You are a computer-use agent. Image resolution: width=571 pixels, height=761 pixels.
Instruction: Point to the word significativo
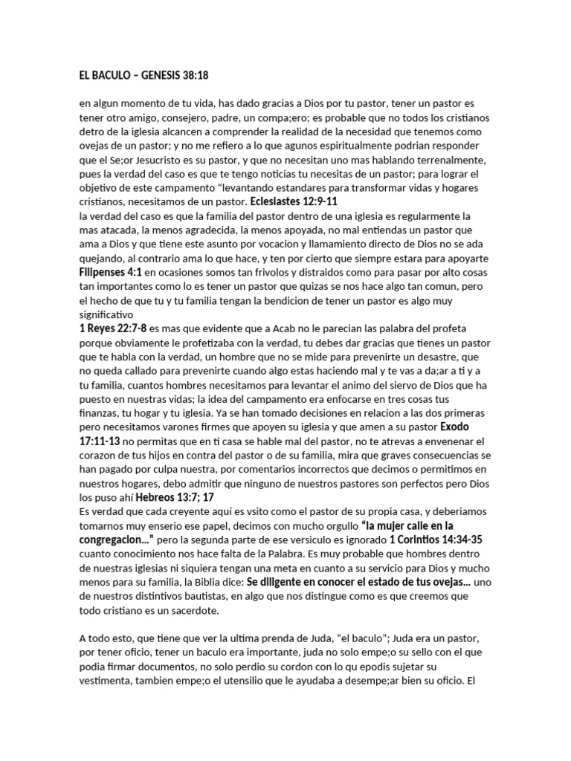pos(107,314)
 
